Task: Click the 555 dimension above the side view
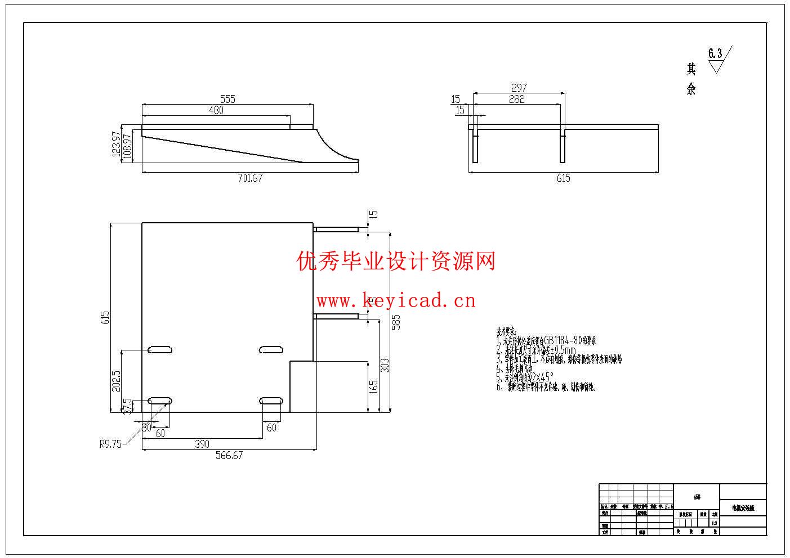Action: tap(227, 99)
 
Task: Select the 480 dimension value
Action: tap(216, 110)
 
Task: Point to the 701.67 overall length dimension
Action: tap(250, 178)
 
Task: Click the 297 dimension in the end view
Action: tap(519, 88)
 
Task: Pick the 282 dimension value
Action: tap(516, 99)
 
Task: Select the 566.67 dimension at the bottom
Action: tap(229, 455)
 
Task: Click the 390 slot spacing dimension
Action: tap(202, 444)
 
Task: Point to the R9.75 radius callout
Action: tap(110, 444)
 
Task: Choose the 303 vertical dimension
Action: tap(385, 365)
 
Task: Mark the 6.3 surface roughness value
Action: tap(715, 54)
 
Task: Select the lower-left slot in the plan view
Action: tap(159, 400)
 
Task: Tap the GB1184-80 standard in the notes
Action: tap(563, 340)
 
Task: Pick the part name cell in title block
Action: tap(743, 507)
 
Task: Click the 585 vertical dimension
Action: tap(396, 321)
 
